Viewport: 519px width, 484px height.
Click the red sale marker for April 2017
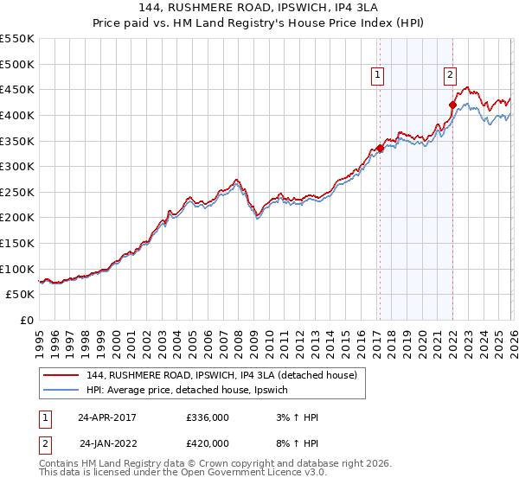point(380,148)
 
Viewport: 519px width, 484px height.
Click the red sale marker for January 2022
point(452,105)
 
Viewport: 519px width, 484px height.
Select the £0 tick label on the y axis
point(26,320)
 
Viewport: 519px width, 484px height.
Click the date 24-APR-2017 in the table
point(107,417)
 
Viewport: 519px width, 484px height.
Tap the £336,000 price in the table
point(207,417)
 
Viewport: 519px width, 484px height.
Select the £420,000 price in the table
point(207,443)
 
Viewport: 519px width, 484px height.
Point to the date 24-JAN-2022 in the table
point(107,443)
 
